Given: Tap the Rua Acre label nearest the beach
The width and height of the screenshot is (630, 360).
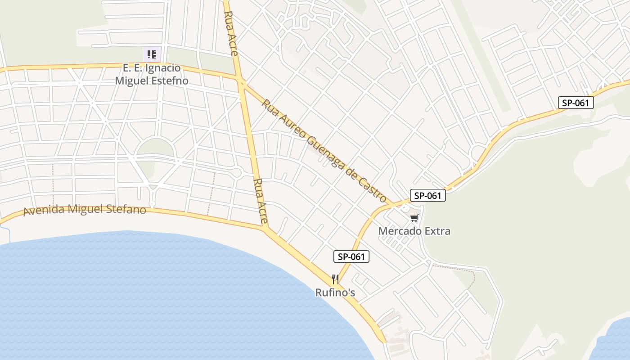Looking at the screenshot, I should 261,201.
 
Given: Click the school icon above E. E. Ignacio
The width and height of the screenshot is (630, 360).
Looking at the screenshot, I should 152,54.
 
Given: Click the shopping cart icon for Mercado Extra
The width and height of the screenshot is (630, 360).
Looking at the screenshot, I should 414,218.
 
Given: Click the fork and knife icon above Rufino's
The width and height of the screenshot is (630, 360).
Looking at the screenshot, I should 335,279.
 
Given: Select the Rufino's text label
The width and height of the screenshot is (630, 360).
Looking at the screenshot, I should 335,292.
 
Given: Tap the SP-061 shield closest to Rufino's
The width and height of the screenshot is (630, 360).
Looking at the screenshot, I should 351,257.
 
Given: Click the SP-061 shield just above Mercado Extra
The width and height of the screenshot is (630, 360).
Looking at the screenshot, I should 427,195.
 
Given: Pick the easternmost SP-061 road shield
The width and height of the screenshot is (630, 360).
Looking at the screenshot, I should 576,103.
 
